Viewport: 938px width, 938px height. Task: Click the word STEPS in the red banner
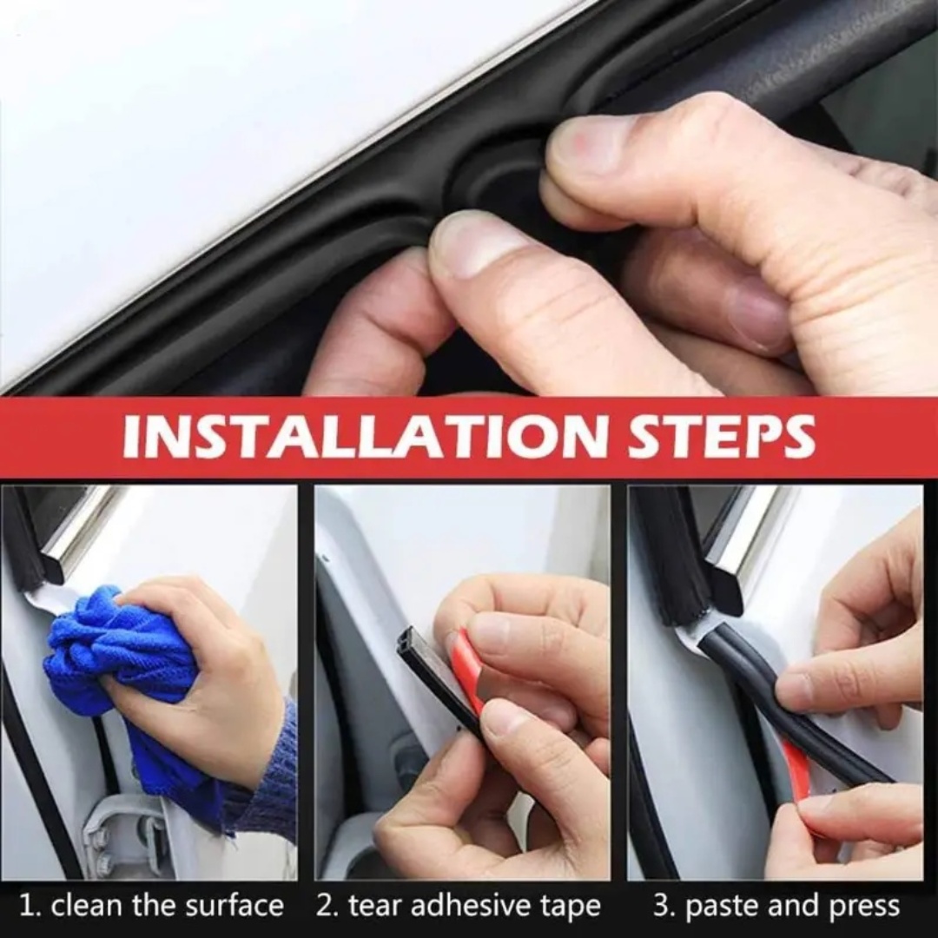[x=722, y=437]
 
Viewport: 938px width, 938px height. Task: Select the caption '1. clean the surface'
[x=151, y=906]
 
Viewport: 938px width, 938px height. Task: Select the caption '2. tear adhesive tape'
[x=458, y=906]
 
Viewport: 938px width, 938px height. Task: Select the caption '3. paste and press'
[x=776, y=906]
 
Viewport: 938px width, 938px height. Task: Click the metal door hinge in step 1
[x=122, y=834]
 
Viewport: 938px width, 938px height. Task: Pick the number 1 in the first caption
[x=26, y=906]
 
